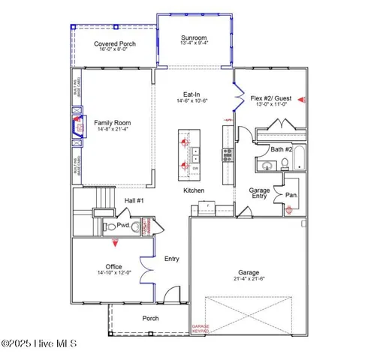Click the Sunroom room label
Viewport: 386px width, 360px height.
click(193, 38)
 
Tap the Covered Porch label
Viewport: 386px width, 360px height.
click(115, 44)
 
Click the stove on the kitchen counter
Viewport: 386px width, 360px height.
click(226, 155)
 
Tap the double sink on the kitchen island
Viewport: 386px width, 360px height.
click(196, 155)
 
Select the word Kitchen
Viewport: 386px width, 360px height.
click(194, 191)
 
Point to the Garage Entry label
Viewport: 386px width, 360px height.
click(259, 194)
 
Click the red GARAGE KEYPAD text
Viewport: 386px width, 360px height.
click(201, 328)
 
